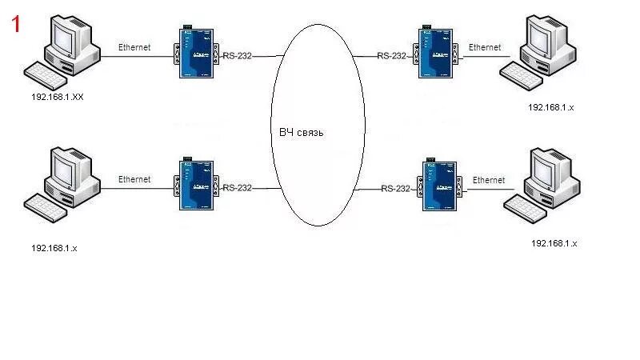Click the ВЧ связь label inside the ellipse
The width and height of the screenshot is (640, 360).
[302, 132]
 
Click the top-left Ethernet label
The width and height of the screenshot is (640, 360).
[134, 47]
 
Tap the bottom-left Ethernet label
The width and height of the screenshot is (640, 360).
[134, 179]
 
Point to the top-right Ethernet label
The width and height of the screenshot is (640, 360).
[485, 47]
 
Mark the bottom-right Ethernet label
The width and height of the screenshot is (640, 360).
[489, 180]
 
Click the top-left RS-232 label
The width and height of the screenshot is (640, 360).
[238, 56]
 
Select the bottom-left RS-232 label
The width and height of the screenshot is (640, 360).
[238, 188]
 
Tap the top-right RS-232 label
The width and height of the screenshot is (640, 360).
[392, 56]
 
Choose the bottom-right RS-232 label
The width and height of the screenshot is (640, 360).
[395, 189]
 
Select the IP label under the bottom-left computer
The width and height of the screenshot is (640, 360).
[54, 248]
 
